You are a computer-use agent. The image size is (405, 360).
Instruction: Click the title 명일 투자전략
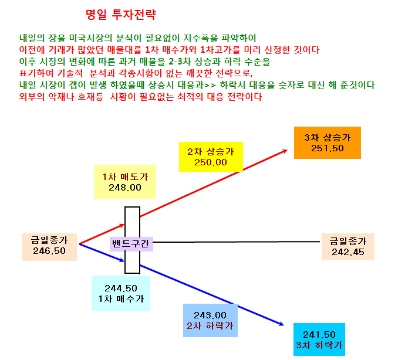[x=121, y=15]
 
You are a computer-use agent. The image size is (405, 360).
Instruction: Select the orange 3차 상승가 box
[x=328, y=142]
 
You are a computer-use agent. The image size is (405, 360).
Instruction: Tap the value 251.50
[x=328, y=148]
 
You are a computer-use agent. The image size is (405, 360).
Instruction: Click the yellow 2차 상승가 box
[x=211, y=157]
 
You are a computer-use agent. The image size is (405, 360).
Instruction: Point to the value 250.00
[x=211, y=162]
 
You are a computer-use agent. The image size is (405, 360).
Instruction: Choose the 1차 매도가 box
[x=125, y=182]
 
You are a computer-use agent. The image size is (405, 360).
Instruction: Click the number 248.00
[x=125, y=188]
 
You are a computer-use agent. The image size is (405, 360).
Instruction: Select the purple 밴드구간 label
[x=131, y=244]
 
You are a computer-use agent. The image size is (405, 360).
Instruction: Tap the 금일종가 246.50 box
[x=49, y=247]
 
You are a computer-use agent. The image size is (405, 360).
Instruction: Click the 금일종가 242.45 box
[x=347, y=246]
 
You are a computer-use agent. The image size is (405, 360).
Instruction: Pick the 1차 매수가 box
[x=121, y=293]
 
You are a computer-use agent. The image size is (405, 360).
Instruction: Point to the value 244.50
[x=121, y=288]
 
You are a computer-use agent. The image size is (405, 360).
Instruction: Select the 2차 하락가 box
[x=210, y=320]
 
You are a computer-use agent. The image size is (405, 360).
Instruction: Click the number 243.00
[x=210, y=315]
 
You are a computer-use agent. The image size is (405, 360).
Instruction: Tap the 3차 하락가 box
[x=319, y=339]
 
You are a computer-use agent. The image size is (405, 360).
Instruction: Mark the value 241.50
[x=319, y=335]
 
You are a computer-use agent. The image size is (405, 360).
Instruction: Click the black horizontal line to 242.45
[x=237, y=242]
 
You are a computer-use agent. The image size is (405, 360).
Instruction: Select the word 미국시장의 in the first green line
[x=90, y=38]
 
